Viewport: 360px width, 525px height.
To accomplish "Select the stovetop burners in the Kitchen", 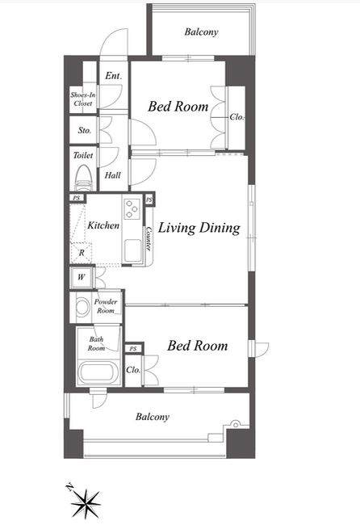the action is (x=132, y=208).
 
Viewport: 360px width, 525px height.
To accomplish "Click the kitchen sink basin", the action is (x=132, y=250).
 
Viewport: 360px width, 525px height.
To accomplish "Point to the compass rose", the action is (x=86, y=503).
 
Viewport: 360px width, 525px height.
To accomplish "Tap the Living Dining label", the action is (x=199, y=228).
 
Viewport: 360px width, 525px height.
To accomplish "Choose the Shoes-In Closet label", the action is (x=83, y=99).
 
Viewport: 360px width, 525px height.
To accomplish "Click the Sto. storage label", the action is (x=84, y=130).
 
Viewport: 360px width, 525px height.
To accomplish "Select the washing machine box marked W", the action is (x=82, y=277).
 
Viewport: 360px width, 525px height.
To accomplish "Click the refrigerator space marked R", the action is (x=82, y=253).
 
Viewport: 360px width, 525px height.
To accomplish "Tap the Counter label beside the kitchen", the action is (x=149, y=239).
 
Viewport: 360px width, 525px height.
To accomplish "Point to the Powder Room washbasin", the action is (x=82, y=307).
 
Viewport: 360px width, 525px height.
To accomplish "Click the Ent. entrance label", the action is (x=114, y=76).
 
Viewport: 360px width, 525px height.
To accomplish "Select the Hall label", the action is (x=113, y=175).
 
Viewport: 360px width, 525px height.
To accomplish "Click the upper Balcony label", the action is (x=202, y=32).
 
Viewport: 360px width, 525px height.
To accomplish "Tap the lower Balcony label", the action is (x=153, y=417).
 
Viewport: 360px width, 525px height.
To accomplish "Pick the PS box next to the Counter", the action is (x=149, y=199).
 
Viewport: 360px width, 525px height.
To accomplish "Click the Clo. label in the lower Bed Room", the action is (x=133, y=370).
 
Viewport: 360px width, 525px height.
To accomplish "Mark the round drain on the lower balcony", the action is (x=236, y=425).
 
